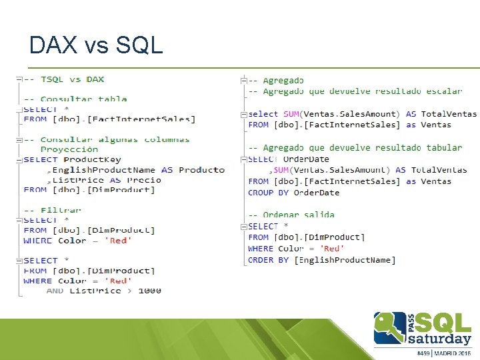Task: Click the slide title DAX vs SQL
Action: (96, 45)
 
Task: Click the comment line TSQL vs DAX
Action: (72, 79)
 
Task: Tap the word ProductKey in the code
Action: (92, 159)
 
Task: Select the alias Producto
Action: (201, 169)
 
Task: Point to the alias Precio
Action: (144, 179)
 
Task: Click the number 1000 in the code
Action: (149, 291)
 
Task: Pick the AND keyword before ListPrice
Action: (55, 291)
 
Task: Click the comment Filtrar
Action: (61, 210)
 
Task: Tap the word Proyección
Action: (69, 149)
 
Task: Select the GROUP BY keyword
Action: (269, 193)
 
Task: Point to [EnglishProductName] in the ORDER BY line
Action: (345, 260)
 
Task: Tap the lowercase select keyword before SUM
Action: (263, 114)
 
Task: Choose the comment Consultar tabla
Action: (84, 99)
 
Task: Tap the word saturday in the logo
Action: (437, 338)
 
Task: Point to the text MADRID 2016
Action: (455, 353)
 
